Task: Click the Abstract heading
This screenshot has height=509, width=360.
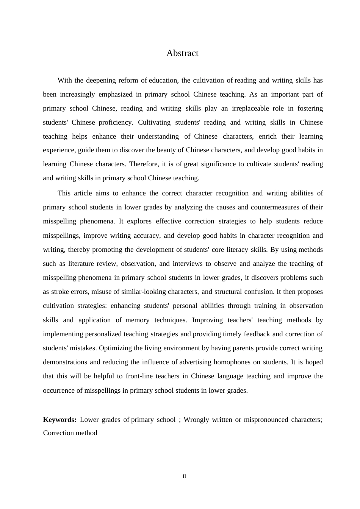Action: (182, 53)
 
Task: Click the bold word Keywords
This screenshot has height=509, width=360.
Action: (60, 420)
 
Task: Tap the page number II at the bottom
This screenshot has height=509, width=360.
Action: (185, 476)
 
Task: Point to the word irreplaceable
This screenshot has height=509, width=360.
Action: (247, 108)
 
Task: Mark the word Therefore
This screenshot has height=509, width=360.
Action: (144, 164)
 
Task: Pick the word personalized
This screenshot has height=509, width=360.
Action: (103, 334)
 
